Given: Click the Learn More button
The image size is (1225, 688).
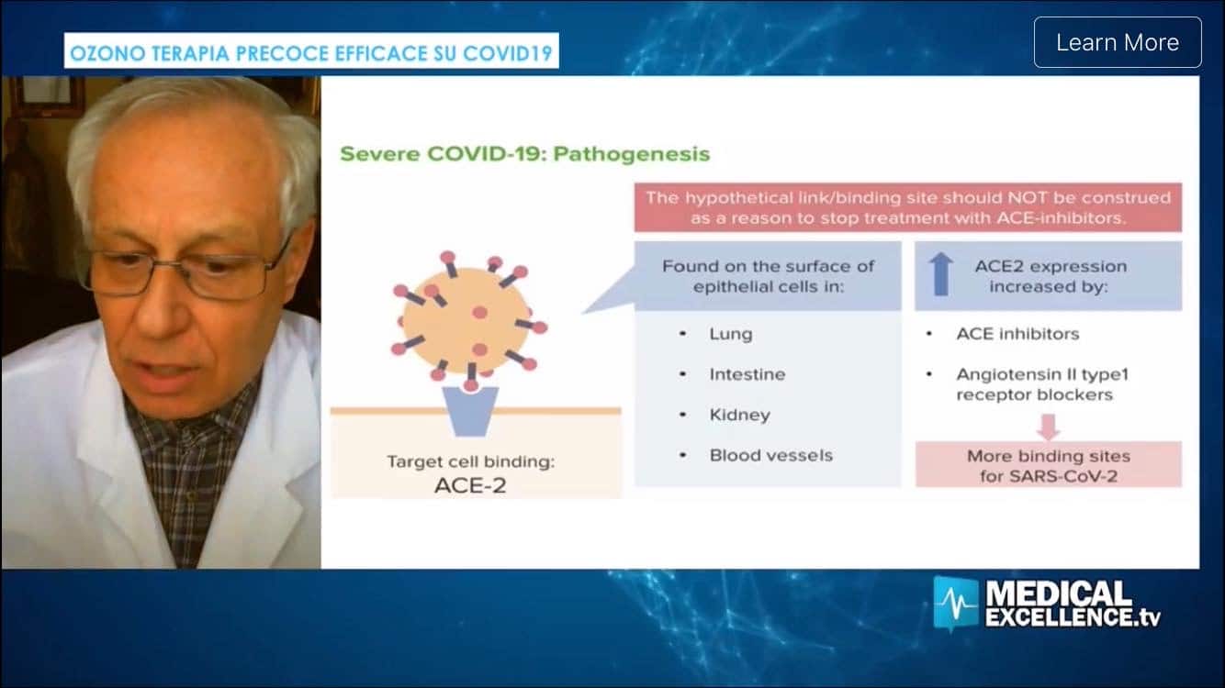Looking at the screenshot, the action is (1118, 42).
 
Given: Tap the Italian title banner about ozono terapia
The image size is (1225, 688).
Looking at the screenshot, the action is (311, 51).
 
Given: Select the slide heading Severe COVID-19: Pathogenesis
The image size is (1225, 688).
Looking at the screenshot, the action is (525, 154).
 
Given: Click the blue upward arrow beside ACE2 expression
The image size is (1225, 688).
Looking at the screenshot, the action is (940, 274).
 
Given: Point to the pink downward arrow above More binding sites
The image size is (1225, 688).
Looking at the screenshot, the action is (1049, 427).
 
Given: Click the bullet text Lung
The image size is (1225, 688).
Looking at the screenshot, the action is (731, 334).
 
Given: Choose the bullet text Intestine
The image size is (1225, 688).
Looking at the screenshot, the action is (747, 374).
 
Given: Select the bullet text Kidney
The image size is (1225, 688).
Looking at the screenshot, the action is (739, 415).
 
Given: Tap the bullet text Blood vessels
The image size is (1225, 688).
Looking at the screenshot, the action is (771, 455).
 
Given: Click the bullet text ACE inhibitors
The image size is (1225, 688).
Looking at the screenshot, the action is (1017, 334).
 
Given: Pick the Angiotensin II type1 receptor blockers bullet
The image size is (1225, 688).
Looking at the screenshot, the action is (1042, 384).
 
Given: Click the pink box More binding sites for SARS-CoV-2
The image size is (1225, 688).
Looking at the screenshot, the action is (1049, 464).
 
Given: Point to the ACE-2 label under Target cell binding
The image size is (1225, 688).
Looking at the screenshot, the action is (470, 485).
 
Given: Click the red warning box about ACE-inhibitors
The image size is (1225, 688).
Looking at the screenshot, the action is (908, 207).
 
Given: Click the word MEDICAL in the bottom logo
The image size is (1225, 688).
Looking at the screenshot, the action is (1058, 593).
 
